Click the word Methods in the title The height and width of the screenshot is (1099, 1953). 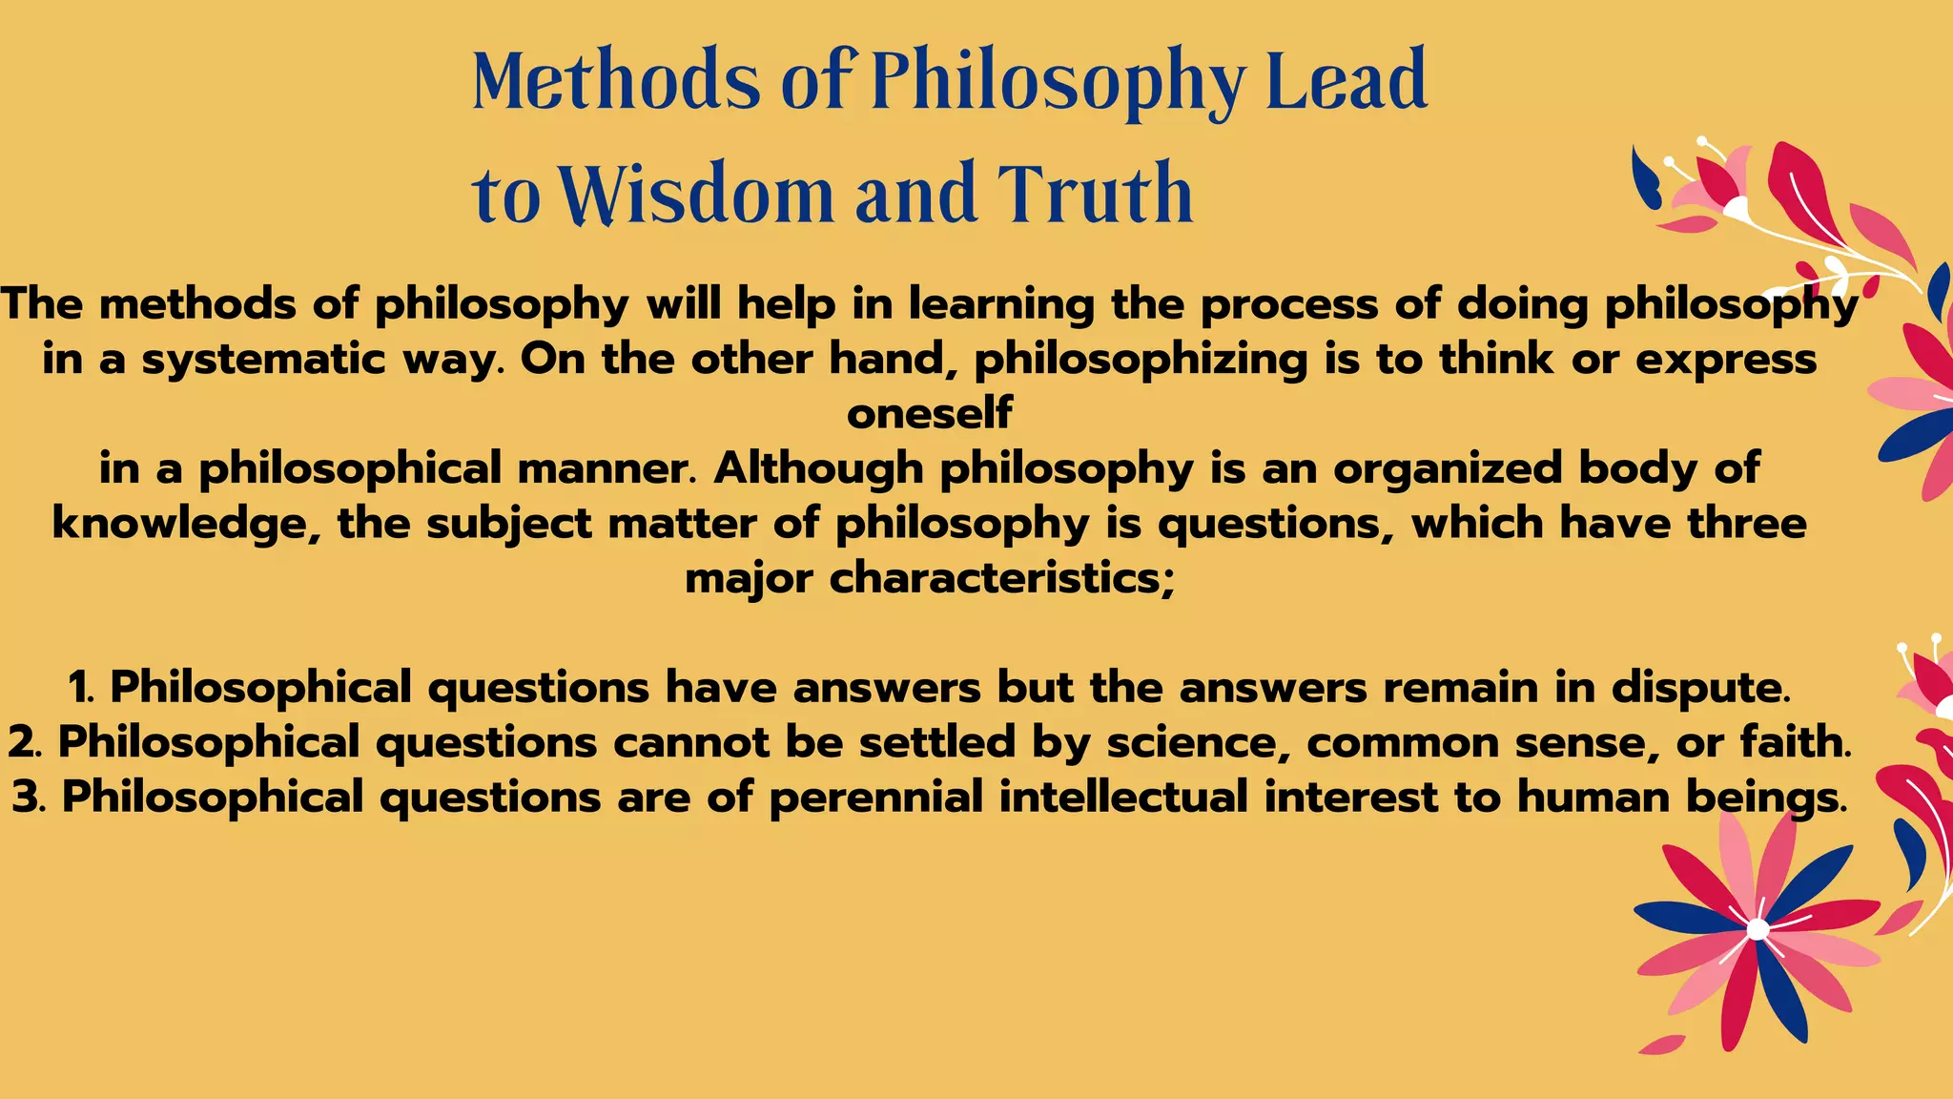[616, 81]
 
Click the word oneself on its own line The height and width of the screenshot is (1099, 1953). [929, 414]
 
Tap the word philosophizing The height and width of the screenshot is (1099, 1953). [1141, 360]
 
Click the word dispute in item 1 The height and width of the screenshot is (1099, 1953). [1697, 687]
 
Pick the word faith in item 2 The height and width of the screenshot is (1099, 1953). [1793, 742]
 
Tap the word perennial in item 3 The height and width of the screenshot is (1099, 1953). [875, 797]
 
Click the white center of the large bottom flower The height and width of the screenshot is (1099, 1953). [1758, 929]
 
